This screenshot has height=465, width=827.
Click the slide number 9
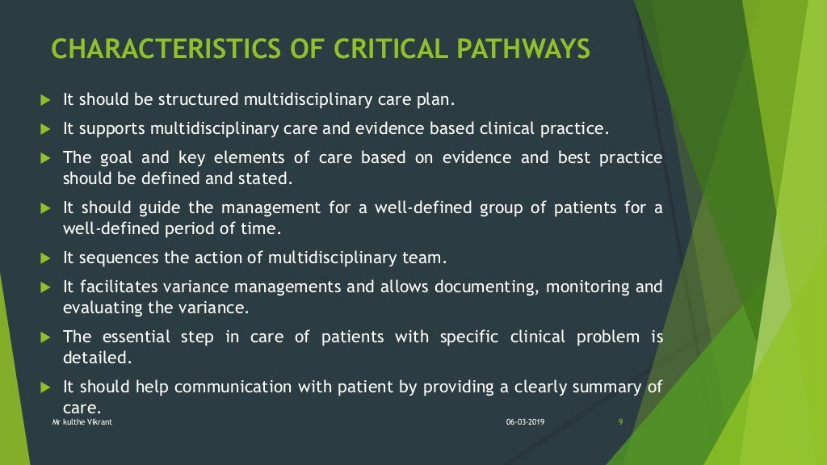(x=619, y=422)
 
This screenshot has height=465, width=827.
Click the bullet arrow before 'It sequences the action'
(x=45, y=259)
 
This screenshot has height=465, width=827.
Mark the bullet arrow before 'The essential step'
(x=45, y=337)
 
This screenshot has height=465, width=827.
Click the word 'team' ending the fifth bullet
(x=427, y=259)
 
